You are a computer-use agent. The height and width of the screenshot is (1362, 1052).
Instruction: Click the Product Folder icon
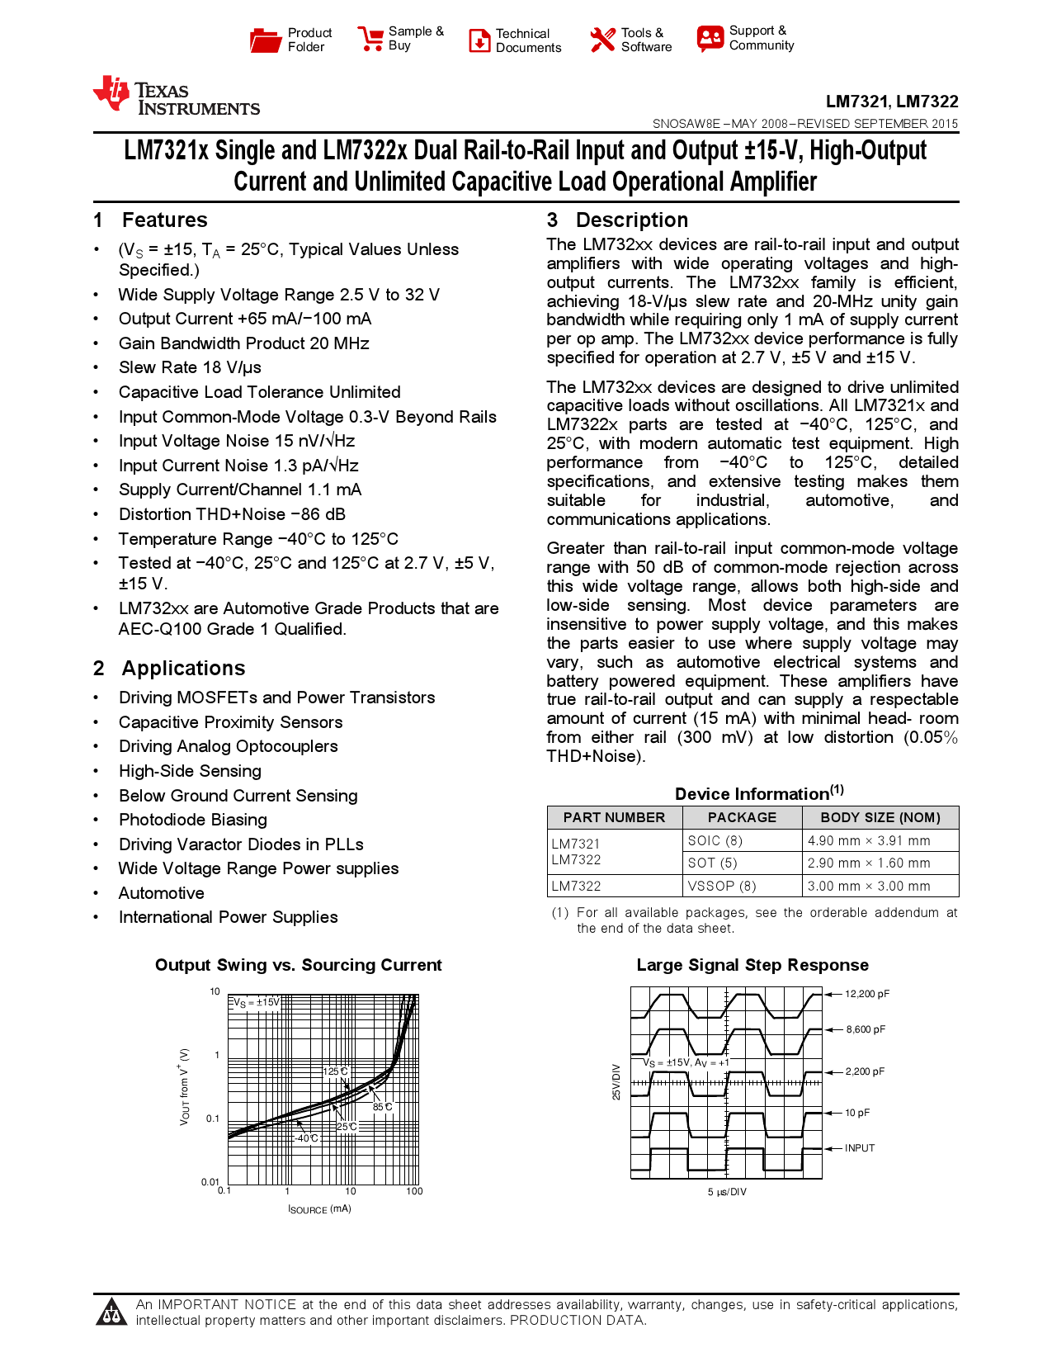pyautogui.click(x=265, y=40)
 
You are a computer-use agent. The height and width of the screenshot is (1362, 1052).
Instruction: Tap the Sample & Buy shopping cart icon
pyautogui.click(x=370, y=39)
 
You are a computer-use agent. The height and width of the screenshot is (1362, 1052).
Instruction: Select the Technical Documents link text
pyautogui.click(x=528, y=40)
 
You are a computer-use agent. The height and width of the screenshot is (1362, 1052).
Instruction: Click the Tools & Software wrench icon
pyautogui.click(x=602, y=40)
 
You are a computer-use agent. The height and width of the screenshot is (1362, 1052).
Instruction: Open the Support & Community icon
pyautogui.click(x=710, y=38)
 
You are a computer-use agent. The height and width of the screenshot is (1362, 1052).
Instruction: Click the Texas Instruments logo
pyautogui.click(x=177, y=96)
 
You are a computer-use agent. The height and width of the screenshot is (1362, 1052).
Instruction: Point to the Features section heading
pyautogui.click(x=164, y=220)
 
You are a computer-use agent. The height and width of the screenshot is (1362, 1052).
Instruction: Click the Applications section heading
pyautogui.click(x=183, y=669)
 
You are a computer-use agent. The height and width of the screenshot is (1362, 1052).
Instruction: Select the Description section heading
pyautogui.click(x=631, y=220)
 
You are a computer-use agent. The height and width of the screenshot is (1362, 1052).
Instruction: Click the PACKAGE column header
pyautogui.click(x=742, y=817)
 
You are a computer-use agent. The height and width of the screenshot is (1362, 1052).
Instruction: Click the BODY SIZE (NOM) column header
pyautogui.click(x=880, y=817)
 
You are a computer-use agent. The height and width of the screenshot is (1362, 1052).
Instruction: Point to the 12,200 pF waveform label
pyautogui.click(x=867, y=994)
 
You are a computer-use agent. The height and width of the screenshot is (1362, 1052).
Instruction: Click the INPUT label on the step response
pyautogui.click(x=860, y=1148)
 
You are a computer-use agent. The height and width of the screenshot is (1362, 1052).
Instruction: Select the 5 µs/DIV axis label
pyautogui.click(x=727, y=1192)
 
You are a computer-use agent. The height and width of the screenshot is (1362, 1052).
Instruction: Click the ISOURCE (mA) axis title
pyautogui.click(x=319, y=1209)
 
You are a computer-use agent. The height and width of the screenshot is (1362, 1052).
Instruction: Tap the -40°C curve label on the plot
pyautogui.click(x=307, y=1138)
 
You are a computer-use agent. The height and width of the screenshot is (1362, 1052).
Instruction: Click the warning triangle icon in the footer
pyautogui.click(x=111, y=1312)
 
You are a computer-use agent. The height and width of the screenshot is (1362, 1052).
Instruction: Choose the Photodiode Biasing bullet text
pyautogui.click(x=193, y=820)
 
